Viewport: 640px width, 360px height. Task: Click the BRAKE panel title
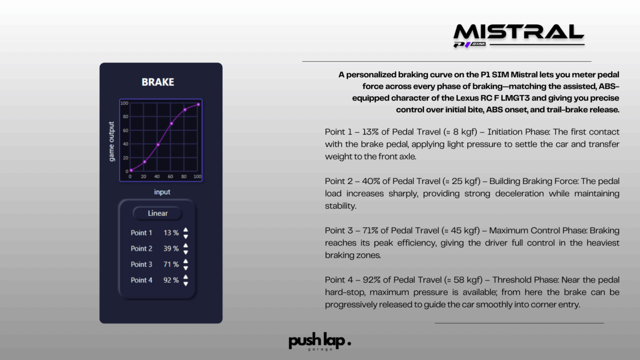click(x=158, y=82)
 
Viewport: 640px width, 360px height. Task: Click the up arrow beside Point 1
click(x=186, y=230)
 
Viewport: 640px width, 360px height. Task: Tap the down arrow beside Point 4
click(x=186, y=284)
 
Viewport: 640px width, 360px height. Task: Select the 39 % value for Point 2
click(x=171, y=249)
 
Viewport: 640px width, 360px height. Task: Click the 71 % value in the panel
click(x=171, y=264)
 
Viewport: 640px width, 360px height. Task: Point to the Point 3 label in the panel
click(x=141, y=264)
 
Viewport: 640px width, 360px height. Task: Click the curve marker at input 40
click(x=158, y=145)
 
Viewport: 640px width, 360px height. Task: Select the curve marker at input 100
click(x=198, y=105)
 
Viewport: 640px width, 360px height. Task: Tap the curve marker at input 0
click(x=131, y=170)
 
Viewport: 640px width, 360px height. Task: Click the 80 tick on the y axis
click(x=125, y=117)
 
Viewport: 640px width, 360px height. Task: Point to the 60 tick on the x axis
click(x=170, y=176)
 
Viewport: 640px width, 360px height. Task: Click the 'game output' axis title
click(x=111, y=141)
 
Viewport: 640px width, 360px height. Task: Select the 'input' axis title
click(x=162, y=192)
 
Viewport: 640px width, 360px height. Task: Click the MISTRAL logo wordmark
click(x=519, y=31)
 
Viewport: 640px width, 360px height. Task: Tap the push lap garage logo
click(x=319, y=341)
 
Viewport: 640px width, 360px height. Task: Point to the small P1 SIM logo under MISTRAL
click(x=470, y=44)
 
